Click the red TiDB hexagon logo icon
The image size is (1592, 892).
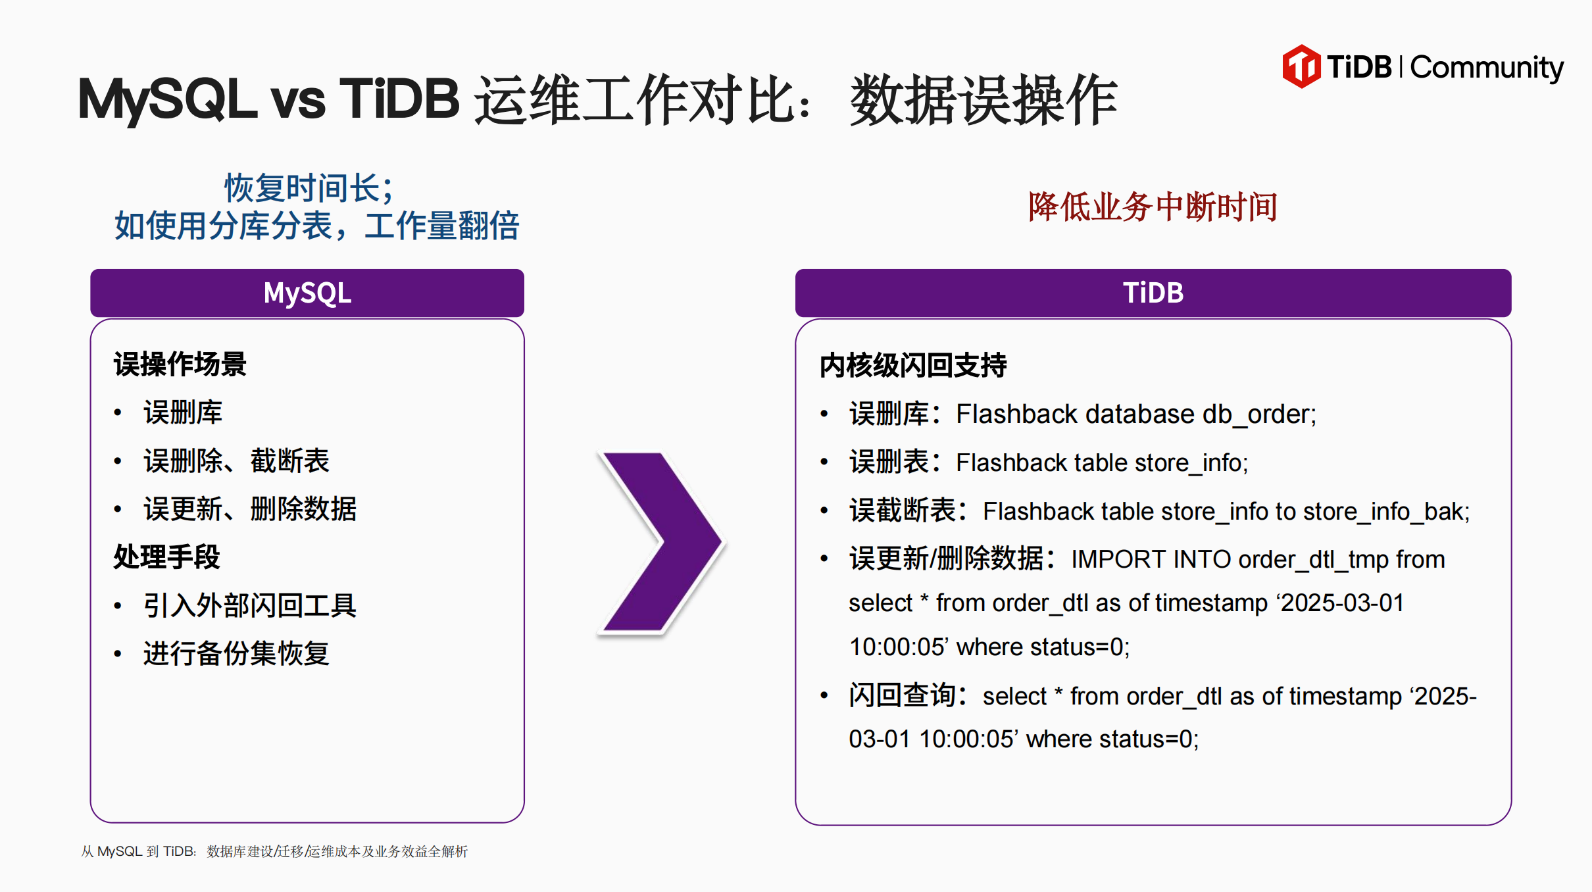tap(1301, 66)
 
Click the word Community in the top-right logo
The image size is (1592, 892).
tap(1487, 68)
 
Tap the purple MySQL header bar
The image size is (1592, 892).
tap(307, 293)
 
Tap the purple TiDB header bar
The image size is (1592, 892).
tap(1153, 293)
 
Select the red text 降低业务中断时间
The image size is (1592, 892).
tap(1153, 207)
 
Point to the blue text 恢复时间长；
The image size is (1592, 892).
tap(309, 188)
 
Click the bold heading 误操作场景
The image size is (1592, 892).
tap(180, 364)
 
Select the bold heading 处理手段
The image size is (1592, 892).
tap(166, 557)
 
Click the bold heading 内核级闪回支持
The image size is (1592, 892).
tap(913, 365)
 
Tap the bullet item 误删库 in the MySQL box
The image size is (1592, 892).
tap(183, 412)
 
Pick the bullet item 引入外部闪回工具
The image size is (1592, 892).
tap(250, 605)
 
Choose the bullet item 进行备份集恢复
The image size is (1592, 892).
tap(236, 653)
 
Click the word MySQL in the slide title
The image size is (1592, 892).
tap(167, 99)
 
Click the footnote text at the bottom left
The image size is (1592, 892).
tap(274, 851)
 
